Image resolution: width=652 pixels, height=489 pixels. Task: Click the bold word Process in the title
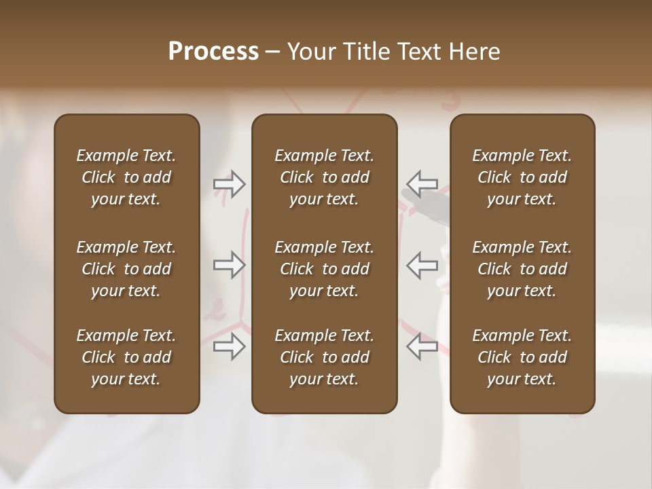[213, 52]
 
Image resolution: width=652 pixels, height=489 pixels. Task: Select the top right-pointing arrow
[229, 183]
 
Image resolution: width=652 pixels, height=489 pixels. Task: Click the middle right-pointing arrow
[229, 264]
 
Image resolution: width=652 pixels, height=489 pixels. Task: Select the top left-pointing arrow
[422, 183]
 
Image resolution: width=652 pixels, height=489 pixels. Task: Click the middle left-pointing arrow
[422, 264]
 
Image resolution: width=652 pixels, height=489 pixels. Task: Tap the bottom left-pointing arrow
[422, 346]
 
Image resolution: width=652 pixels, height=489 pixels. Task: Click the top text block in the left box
[126, 177]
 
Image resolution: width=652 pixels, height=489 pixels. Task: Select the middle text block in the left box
[126, 269]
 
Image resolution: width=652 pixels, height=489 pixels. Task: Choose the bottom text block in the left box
[126, 357]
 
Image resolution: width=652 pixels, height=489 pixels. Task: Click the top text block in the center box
[325, 177]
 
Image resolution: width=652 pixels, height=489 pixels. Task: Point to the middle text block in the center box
[325, 269]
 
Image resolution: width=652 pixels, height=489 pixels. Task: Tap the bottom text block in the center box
[325, 357]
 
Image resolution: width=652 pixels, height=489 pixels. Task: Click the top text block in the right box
[522, 177]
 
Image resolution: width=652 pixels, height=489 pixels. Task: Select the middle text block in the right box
[522, 269]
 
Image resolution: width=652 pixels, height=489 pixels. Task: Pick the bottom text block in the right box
[522, 357]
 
